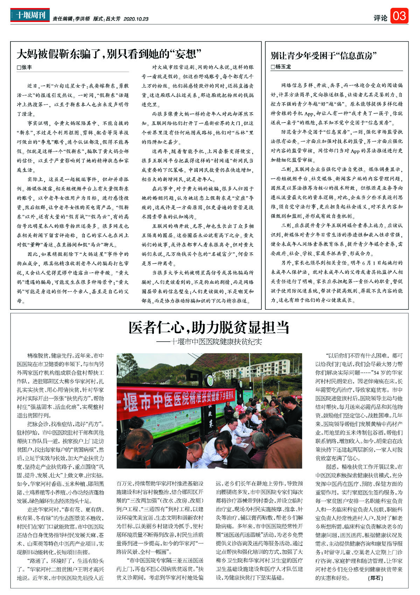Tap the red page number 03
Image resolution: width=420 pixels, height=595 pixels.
pyautogui.click(x=399, y=16)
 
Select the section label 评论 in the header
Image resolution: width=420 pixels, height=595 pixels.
pyautogui.click(x=380, y=17)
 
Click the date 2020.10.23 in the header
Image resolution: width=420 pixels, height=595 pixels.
pyautogui.click(x=136, y=19)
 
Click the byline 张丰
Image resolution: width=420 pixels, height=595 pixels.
pyautogui.click(x=24, y=67)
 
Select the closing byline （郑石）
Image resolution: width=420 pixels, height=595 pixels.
pyautogui.click(x=376, y=578)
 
